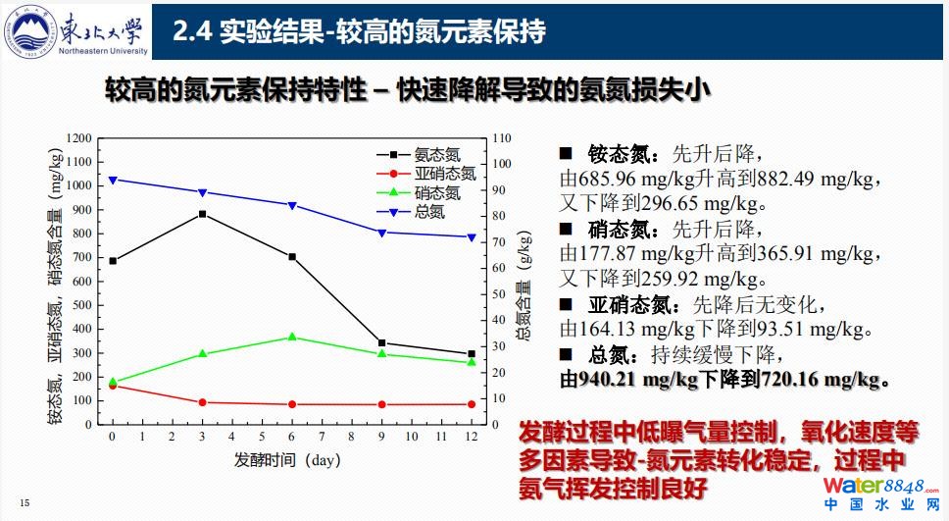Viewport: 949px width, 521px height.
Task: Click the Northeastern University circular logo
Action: (36, 32)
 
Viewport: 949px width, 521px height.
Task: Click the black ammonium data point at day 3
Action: (202, 214)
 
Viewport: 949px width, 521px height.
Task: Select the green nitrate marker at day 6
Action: (291, 338)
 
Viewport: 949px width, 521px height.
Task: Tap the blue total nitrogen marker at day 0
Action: (113, 181)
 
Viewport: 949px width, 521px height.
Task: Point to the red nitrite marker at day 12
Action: (471, 404)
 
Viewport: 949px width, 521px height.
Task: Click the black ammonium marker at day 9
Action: (381, 343)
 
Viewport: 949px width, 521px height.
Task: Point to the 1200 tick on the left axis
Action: (79, 138)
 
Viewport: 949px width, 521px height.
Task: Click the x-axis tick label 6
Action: (291, 436)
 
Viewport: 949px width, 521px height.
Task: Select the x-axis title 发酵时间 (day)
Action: (286, 459)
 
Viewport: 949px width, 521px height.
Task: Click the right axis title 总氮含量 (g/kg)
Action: (525, 292)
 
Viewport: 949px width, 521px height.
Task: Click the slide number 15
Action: (25, 504)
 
